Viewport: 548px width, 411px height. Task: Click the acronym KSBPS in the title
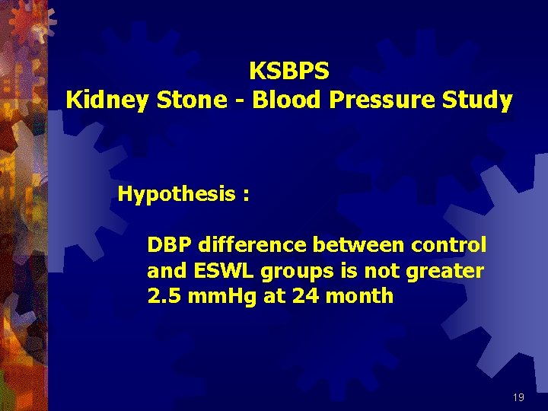coord(289,72)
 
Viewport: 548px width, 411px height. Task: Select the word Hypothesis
coord(177,195)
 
